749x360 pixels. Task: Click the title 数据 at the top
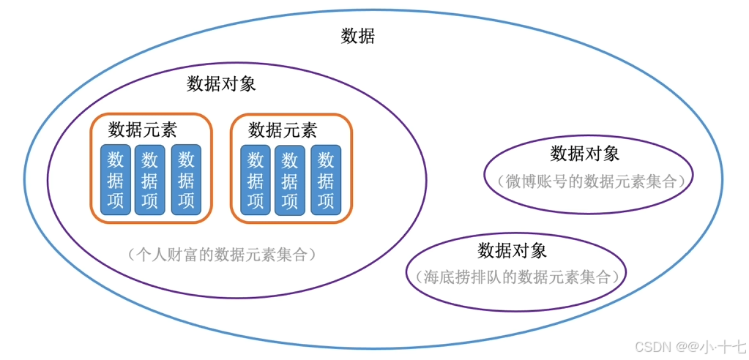pos(358,36)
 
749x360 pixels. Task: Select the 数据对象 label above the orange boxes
pos(221,83)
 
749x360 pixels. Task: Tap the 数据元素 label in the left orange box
pos(143,130)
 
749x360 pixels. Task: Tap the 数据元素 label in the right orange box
pos(283,130)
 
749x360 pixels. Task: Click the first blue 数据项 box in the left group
pos(116,180)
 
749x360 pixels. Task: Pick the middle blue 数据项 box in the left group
pos(150,180)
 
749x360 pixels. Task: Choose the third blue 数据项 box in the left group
pos(186,180)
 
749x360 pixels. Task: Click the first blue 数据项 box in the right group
pos(256,180)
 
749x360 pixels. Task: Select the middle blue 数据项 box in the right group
pos(290,180)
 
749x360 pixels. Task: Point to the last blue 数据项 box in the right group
pos(326,180)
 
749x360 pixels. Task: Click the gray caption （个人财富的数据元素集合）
pos(221,255)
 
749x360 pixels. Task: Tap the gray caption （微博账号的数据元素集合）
pos(589,181)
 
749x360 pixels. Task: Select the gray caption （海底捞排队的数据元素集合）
pos(515,277)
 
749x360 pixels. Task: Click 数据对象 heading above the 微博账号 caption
pos(585,154)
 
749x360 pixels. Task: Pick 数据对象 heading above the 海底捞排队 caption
pos(513,250)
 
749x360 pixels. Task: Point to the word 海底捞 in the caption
pos(449,277)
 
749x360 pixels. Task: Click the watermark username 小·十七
pos(722,346)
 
